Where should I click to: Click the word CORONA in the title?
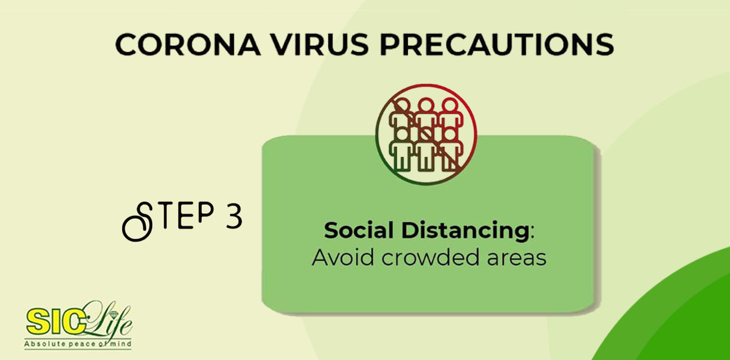point(188,44)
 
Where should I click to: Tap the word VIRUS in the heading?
point(320,44)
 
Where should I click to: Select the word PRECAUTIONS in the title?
point(497,44)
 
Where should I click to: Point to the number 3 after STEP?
point(234,216)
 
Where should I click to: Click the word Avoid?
point(343,257)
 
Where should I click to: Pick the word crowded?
point(430,257)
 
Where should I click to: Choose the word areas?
point(517,259)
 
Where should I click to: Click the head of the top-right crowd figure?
point(450,106)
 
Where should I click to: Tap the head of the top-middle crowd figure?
point(426,106)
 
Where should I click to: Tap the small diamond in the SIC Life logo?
point(114,315)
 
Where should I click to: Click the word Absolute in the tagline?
point(39,344)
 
